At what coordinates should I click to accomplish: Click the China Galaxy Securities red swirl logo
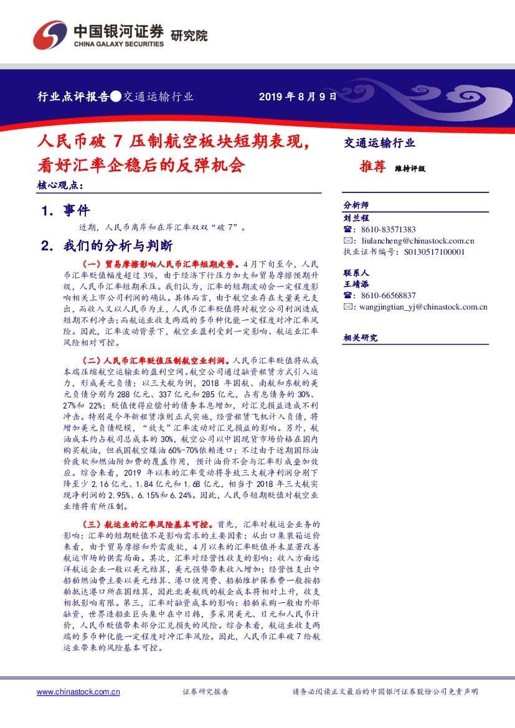click(50, 35)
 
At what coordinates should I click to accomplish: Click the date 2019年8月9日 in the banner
click(297, 97)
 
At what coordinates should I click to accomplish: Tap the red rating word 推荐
click(372, 166)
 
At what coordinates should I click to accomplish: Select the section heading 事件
click(77, 210)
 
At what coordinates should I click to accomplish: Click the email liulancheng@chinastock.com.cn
click(417, 240)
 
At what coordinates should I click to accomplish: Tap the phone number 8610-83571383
click(388, 229)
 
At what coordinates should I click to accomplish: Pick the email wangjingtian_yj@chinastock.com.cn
click(423, 306)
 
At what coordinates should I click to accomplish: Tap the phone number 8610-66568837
click(388, 295)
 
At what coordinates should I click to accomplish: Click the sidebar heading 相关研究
click(361, 338)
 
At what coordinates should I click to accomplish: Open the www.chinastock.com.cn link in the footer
click(78, 692)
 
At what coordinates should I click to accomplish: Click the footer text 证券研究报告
click(206, 692)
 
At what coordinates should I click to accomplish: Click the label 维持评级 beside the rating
click(410, 168)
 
